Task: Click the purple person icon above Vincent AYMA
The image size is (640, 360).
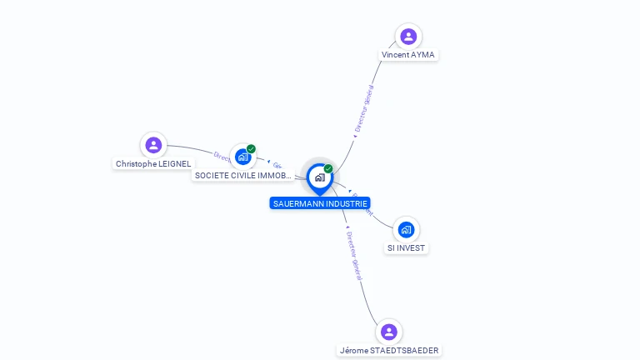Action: pos(408,36)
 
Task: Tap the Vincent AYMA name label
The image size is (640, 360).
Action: pos(408,55)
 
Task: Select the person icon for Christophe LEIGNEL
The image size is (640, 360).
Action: pos(153,145)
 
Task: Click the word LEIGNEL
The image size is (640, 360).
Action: pos(175,164)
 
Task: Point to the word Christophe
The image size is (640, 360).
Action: pos(136,164)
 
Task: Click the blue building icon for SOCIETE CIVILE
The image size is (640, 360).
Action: pos(242,157)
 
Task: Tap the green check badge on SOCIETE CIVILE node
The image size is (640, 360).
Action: pos(251,149)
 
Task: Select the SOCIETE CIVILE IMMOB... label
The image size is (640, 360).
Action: pos(243,176)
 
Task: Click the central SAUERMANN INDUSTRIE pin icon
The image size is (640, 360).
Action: pos(319,177)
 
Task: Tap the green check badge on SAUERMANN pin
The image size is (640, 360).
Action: pos(328,168)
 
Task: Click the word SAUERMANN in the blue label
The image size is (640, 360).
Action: pos(298,203)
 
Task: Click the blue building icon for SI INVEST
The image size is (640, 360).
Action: pos(406,229)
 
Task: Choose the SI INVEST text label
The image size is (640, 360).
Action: pos(406,248)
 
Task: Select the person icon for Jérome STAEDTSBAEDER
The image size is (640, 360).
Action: pos(388,332)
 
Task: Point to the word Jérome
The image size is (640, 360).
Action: pos(354,351)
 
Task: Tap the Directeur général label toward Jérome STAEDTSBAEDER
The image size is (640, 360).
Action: pos(354,256)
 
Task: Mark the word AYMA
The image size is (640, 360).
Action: pos(423,55)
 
